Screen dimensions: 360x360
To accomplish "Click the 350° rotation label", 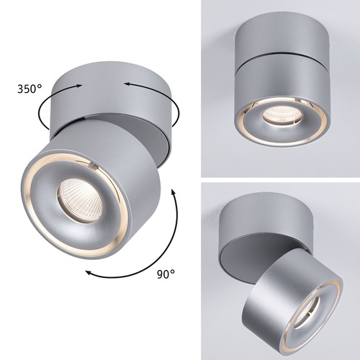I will point(28,90).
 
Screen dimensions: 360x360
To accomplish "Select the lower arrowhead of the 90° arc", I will point(85,274).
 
